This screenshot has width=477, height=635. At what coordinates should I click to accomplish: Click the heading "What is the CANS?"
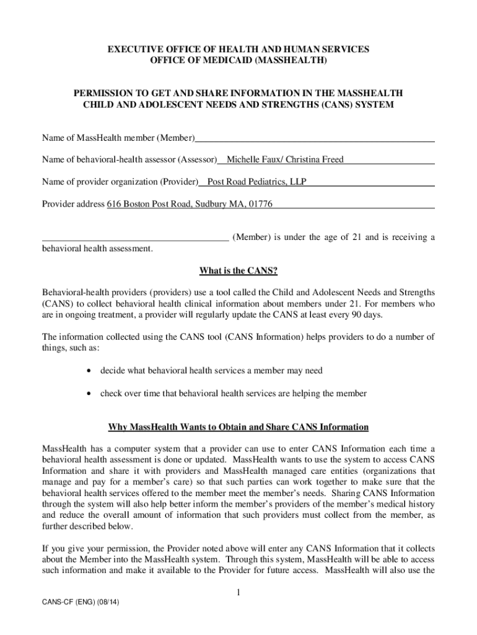238,270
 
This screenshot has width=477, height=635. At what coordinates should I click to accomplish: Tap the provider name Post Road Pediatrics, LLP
256,182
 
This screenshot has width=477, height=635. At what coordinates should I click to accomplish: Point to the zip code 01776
260,204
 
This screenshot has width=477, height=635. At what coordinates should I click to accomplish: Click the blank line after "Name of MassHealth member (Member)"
315,138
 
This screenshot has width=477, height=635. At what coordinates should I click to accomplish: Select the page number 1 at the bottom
239,593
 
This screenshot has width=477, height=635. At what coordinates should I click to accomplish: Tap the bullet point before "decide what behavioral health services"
91,371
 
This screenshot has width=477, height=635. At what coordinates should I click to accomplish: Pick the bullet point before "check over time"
91,393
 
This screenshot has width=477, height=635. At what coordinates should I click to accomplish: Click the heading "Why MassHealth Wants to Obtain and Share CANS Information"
239,427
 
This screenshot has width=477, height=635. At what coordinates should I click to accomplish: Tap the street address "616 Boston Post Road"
151,204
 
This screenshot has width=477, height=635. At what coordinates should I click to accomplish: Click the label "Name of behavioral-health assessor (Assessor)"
129,160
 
